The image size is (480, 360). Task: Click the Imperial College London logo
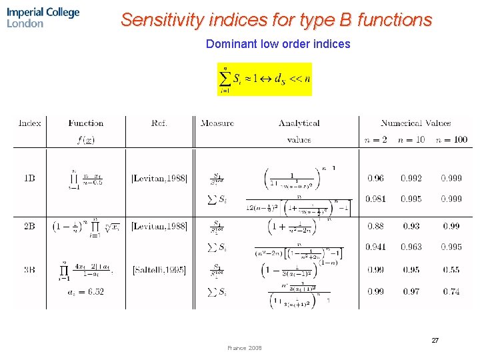[x=43, y=17]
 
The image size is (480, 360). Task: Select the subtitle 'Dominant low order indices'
[x=278, y=44]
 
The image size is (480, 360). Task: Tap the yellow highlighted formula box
[x=265, y=79]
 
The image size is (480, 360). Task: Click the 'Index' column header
[x=30, y=123]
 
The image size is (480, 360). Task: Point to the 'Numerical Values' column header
[x=415, y=123]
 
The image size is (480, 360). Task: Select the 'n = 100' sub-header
[x=451, y=139]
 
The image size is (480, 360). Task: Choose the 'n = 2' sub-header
[x=376, y=139]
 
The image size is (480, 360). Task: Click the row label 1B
[x=30, y=178]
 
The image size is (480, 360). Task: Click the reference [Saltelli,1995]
[x=159, y=270]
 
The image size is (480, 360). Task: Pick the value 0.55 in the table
[x=451, y=270]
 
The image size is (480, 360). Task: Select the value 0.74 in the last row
[x=451, y=291]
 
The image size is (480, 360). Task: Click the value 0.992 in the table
[x=411, y=178]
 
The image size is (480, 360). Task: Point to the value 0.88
[x=376, y=226]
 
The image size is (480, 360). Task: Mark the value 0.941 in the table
[x=376, y=247]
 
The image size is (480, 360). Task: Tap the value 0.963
[x=411, y=247]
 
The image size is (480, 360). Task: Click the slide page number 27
[x=435, y=341]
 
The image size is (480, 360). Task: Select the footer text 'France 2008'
[x=245, y=348]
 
